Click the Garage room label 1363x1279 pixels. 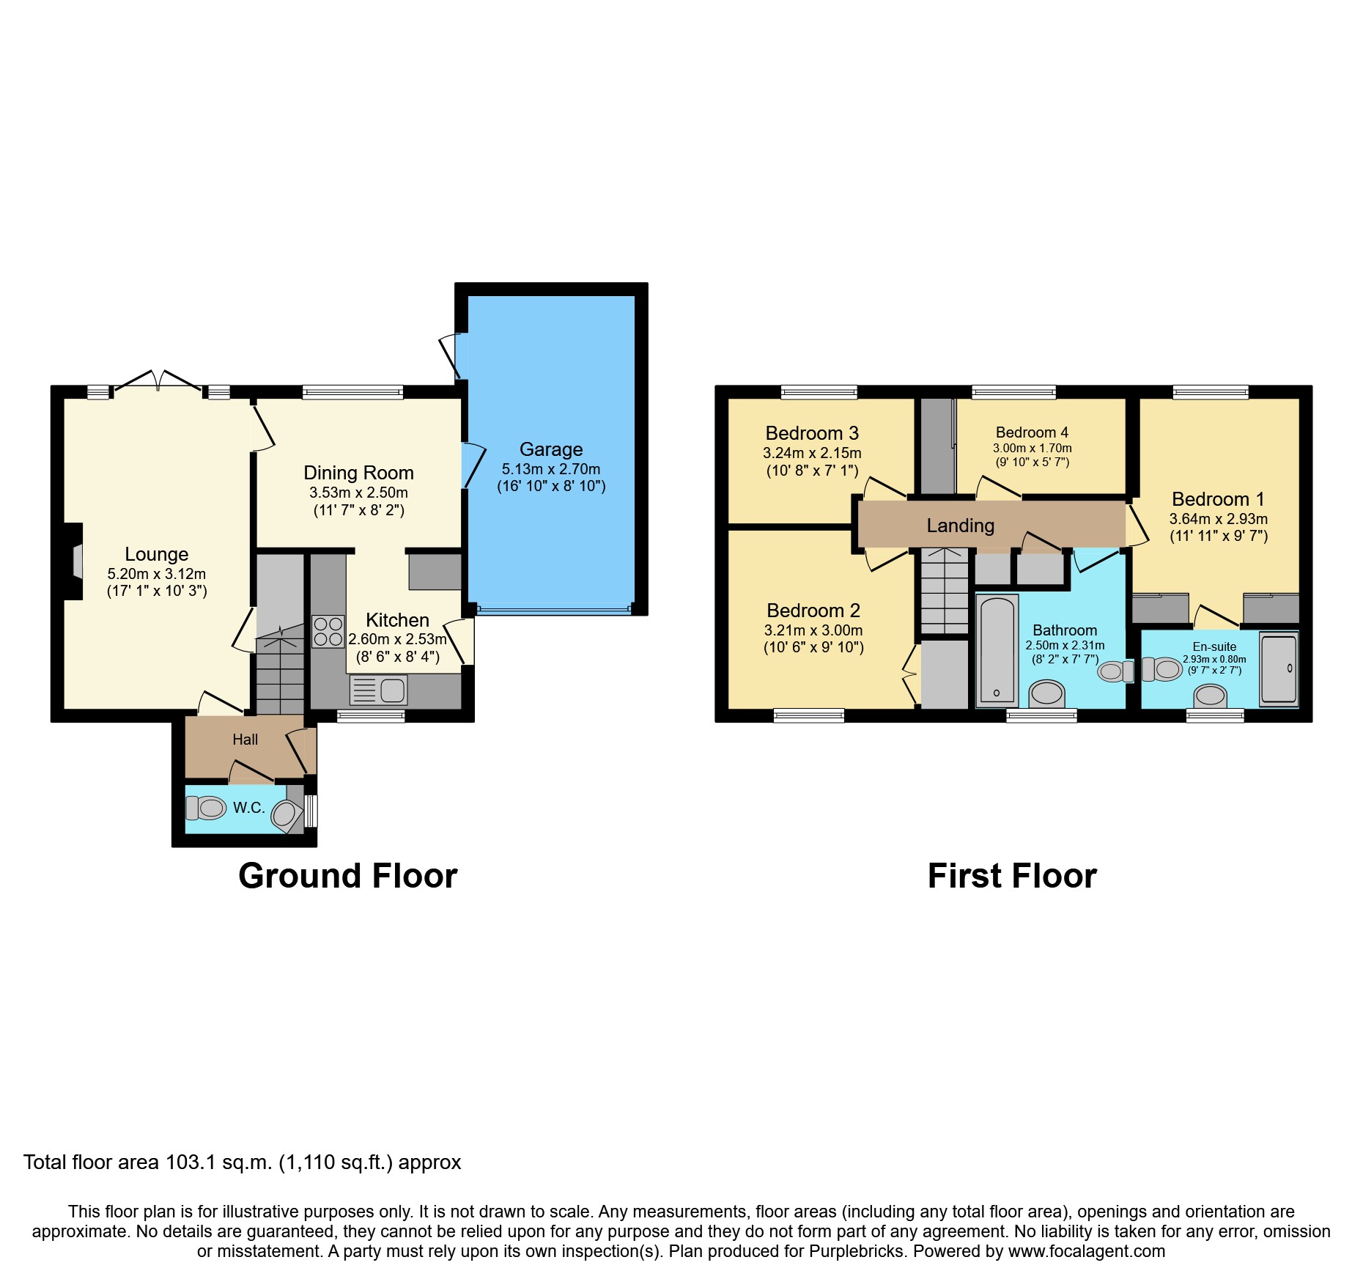tap(551, 449)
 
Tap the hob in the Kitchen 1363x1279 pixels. tap(328, 631)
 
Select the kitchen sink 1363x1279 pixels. tap(379, 690)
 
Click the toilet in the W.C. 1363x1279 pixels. tap(206, 808)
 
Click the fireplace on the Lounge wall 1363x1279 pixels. tap(75, 561)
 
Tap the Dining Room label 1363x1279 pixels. tap(358, 473)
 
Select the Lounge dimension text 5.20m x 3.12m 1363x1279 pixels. tap(156, 574)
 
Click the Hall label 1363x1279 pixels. tap(245, 740)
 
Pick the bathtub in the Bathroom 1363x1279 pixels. tap(997, 650)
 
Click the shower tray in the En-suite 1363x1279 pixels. tap(1278, 669)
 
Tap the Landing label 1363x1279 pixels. tap(960, 526)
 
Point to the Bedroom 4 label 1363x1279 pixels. tap(1032, 432)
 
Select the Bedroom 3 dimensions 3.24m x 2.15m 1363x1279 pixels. tap(812, 453)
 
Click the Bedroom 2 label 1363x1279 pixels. tap(813, 611)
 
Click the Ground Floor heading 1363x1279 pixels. tap(347, 876)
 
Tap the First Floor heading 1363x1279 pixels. tap(1011, 876)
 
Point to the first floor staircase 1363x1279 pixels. tap(944, 591)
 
